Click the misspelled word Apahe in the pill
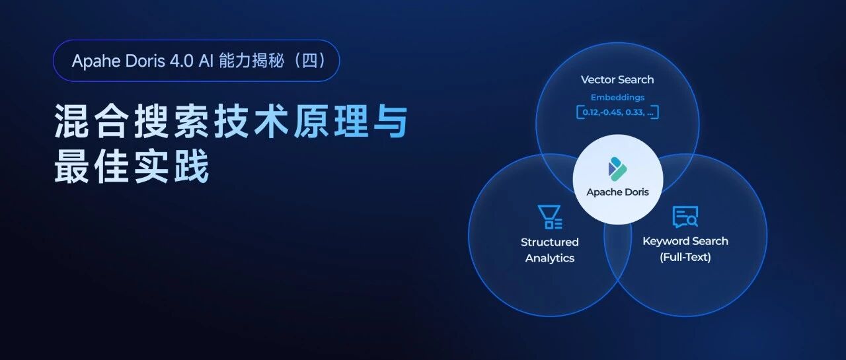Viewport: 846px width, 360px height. [x=96, y=61]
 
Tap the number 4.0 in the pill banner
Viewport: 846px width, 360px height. [x=182, y=61]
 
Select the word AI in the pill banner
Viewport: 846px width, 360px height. [x=206, y=61]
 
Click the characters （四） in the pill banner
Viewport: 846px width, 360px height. [x=310, y=61]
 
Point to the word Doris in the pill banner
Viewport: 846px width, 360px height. [x=145, y=61]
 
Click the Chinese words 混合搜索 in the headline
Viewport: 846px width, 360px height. [x=132, y=122]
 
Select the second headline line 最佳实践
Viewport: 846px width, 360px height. [x=132, y=166]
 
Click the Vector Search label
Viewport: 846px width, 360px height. [x=617, y=80]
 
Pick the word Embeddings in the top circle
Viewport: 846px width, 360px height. [x=617, y=97]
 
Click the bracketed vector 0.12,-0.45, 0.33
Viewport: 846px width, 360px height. [x=617, y=112]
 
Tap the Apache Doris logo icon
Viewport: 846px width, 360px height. [x=617, y=168]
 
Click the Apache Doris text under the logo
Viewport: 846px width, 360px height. [x=617, y=192]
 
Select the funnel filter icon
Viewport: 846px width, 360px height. [x=549, y=217]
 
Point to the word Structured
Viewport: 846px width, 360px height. [x=549, y=242]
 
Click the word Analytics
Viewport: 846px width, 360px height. [x=549, y=258]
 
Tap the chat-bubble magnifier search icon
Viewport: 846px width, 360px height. [x=685, y=217]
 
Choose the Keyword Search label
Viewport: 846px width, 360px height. [x=685, y=241]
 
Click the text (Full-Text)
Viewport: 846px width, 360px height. [x=685, y=258]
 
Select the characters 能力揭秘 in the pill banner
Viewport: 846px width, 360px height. [x=252, y=61]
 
